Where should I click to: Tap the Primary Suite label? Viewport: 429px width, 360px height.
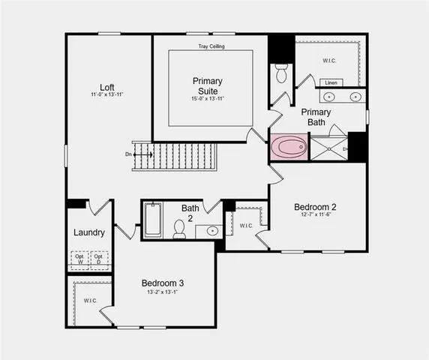208,85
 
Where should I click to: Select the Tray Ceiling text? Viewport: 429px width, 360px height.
211,46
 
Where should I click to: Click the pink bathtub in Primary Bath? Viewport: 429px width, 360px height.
288,147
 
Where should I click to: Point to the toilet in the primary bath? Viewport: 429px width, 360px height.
282,73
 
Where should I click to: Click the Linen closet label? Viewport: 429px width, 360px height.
331,82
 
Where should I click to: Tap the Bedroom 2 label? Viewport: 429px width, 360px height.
315,207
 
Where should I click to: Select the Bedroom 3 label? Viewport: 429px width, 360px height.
163,283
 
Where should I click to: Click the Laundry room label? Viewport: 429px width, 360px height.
88,232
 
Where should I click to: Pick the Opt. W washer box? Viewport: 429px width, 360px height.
79,259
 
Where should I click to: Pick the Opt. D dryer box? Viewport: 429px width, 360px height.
99,259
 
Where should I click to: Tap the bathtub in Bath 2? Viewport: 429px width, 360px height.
152,220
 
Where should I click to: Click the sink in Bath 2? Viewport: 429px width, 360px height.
212,230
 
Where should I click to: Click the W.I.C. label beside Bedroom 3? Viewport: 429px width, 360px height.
90,301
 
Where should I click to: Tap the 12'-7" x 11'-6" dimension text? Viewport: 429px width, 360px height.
314,215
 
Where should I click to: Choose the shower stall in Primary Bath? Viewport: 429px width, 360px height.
328,148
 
